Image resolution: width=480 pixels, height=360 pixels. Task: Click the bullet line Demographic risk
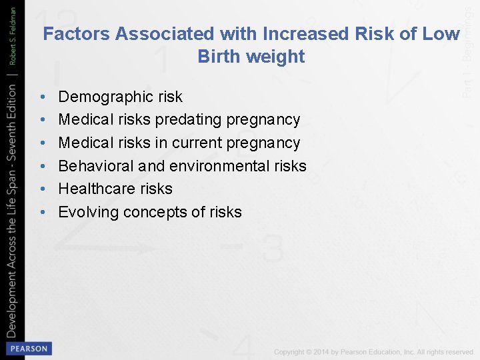120,97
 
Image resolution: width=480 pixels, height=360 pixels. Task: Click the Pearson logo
28,349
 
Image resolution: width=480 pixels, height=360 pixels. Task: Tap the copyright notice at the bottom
373,352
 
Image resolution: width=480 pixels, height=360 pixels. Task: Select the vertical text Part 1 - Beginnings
469,50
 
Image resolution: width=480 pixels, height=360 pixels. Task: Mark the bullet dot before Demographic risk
43,97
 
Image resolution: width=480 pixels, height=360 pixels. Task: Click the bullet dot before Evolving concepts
43,213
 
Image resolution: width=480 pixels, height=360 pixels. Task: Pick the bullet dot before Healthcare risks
43,189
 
